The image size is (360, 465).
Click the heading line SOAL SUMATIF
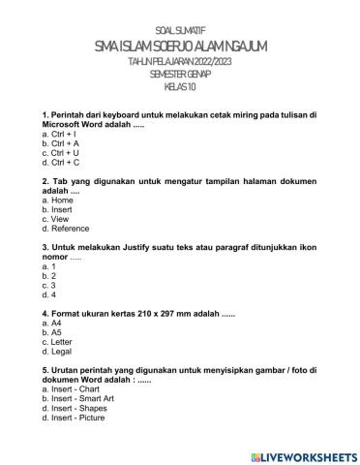tap(180, 31)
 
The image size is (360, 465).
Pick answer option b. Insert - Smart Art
tap(83, 398)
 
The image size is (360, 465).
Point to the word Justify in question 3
tap(138, 247)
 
